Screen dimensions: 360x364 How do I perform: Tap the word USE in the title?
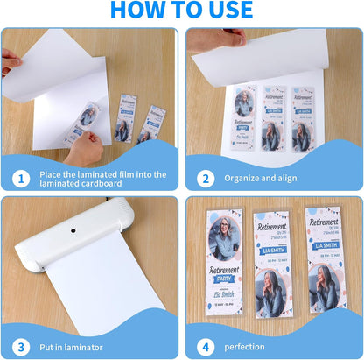[x=225, y=11]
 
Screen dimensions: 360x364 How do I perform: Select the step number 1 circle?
[x=19, y=179]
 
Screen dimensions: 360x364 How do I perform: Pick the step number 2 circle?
[x=205, y=179]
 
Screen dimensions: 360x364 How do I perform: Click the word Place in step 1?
[x=52, y=173]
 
